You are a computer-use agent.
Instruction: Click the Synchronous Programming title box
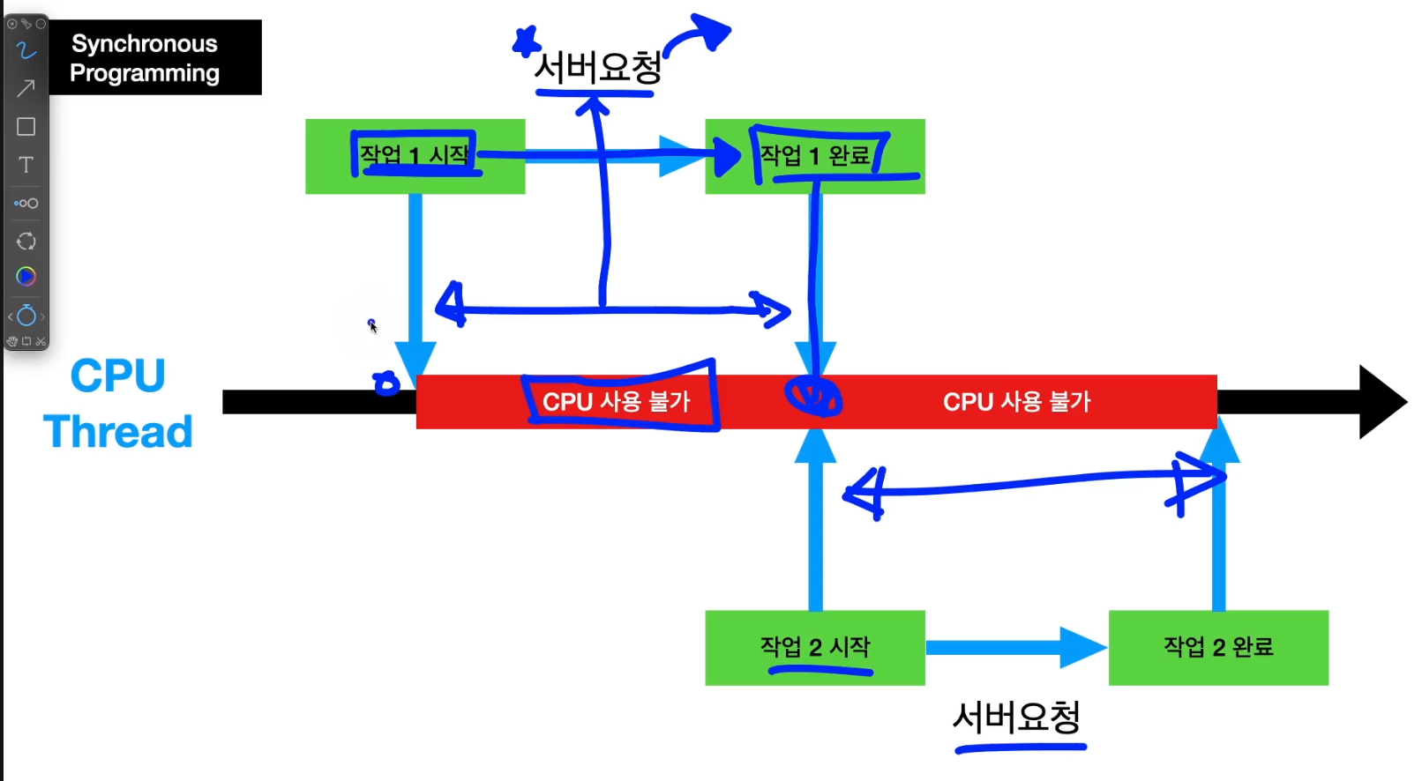[x=154, y=57]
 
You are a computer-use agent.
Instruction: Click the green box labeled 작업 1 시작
[x=415, y=156]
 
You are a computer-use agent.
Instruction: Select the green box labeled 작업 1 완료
[x=814, y=156]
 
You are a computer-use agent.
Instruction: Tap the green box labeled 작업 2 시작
[x=814, y=647]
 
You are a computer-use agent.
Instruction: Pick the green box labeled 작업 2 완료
[x=1218, y=647]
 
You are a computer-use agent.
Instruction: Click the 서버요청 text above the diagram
[x=597, y=67]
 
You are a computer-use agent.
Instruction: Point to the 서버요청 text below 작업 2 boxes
[x=1017, y=718]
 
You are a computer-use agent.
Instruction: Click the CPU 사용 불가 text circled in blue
[x=616, y=402]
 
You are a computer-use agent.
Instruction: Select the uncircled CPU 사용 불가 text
[x=1016, y=402]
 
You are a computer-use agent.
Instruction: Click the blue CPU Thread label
[x=117, y=404]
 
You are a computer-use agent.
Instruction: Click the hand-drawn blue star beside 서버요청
[x=527, y=41]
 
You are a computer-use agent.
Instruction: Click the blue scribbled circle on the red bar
[x=813, y=396]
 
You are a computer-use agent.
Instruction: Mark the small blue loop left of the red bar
[x=386, y=383]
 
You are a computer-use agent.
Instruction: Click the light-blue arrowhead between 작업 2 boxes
[x=1082, y=648]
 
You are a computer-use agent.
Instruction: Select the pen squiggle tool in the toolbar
[x=26, y=50]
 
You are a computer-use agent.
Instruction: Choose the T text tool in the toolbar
[x=26, y=165]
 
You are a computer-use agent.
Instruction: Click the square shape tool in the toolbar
[x=26, y=127]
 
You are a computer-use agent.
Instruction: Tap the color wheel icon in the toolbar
[x=26, y=277]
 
